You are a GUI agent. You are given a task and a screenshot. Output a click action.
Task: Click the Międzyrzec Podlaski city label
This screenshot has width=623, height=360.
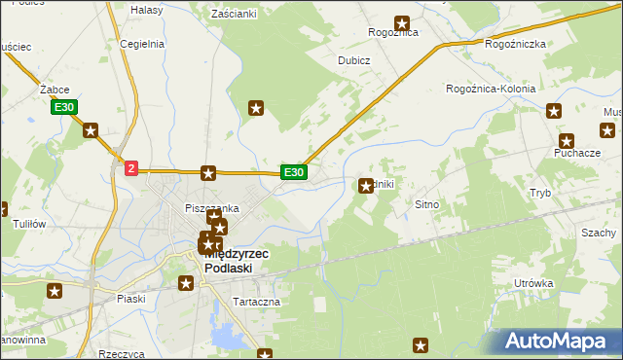(x=237, y=261)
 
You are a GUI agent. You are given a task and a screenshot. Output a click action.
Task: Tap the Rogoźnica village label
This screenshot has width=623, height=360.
(x=393, y=32)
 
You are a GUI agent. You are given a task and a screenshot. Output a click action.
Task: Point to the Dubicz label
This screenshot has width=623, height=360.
(x=353, y=59)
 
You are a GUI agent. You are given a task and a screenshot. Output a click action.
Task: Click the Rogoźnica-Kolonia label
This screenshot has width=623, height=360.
(x=491, y=89)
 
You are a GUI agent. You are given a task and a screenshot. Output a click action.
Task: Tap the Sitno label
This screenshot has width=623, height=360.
(x=428, y=205)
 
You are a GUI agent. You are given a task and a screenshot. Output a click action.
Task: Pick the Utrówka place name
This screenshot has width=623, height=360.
(x=533, y=283)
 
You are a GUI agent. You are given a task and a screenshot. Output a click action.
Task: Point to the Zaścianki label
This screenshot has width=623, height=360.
(x=234, y=15)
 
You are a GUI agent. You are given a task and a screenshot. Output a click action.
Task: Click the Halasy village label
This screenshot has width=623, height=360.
(x=146, y=9)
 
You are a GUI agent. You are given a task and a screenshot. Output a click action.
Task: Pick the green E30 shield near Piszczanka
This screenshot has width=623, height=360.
(x=294, y=172)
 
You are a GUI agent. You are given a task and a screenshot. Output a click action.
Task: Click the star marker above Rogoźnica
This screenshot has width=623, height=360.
(x=401, y=22)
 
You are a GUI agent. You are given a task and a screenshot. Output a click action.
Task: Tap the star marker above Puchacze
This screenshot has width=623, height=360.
(x=567, y=140)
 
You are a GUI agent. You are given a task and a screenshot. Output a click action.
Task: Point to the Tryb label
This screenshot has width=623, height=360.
(x=540, y=193)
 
